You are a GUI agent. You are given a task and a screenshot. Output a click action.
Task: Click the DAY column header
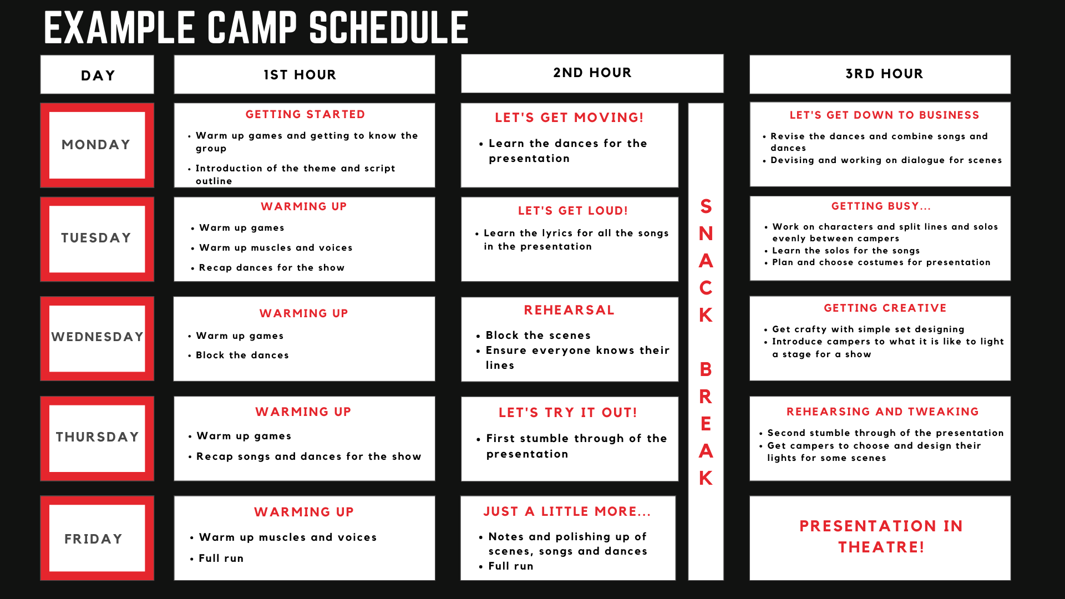[x=98, y=75]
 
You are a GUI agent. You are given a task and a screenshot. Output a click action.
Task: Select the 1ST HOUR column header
[x=300, y=75]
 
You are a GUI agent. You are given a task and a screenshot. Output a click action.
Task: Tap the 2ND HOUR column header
[x=592, y=73]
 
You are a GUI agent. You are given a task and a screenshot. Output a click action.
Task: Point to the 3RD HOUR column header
[x=884, y=74]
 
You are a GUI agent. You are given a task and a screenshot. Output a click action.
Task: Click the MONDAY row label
[x=96, y=145]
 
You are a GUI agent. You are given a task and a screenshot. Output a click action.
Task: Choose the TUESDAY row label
[x=96, y=238]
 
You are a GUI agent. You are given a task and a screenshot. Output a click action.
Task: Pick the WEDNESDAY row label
[x=97, y=337]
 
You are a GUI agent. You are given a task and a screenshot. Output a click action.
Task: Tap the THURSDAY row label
[x=97, y=437]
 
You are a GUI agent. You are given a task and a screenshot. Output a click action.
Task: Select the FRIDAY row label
[x=93, y=539]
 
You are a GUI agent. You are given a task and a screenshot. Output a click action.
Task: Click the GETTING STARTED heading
[x=305, y=114]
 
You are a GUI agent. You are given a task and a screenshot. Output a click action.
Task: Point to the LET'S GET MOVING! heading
[x=569, y=118]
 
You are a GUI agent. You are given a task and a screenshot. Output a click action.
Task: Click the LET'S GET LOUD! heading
[x=573, y=211]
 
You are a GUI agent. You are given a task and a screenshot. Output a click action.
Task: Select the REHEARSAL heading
[x=569, y=310]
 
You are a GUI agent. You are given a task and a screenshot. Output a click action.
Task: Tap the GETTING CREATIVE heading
[x=885, y=308]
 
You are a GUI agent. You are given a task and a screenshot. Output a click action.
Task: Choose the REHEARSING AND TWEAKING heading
[x=883, y=412]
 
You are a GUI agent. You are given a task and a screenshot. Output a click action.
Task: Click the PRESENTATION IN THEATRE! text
[x=881, y=536]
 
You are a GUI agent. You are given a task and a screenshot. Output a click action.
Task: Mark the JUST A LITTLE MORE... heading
[x=567, y=511]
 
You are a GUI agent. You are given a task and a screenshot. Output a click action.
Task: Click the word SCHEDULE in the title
[x=389, y=28]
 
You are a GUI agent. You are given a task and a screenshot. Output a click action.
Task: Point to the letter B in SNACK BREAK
[x=706, y=369]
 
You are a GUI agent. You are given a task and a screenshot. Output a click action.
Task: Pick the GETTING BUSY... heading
[x=881, y=206]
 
